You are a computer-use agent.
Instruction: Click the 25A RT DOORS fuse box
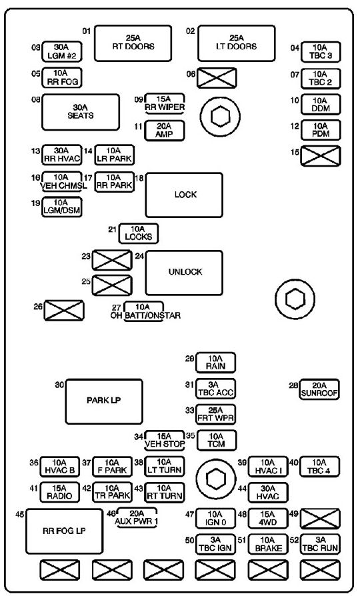pos(133,43)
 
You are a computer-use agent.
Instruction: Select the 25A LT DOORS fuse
pos(237,43)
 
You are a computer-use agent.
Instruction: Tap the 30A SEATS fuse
pos(81,112)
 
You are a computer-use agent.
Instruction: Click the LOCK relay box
pos(185,195)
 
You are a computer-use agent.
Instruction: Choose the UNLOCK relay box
pos(185,273)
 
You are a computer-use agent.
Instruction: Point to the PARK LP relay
pos(104,401)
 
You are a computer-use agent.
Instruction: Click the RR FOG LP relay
pos(64,531)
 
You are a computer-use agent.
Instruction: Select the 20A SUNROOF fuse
pos(319,389)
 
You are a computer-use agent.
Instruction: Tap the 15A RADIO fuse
pos(60,492)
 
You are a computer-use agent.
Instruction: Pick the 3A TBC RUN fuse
pos(320,544)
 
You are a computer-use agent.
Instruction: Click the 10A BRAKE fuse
pos(268,544)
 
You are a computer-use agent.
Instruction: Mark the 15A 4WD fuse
pos(268,518)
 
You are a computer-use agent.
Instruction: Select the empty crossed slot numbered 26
pos(64,310)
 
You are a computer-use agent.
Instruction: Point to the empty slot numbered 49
pos(320,519)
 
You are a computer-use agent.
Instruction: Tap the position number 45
pos(20,515)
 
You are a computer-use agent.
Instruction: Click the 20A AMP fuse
pos(165,131)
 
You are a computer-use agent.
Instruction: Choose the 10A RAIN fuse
pos(215,363)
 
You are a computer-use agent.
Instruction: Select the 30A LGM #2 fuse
pos(61,52)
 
